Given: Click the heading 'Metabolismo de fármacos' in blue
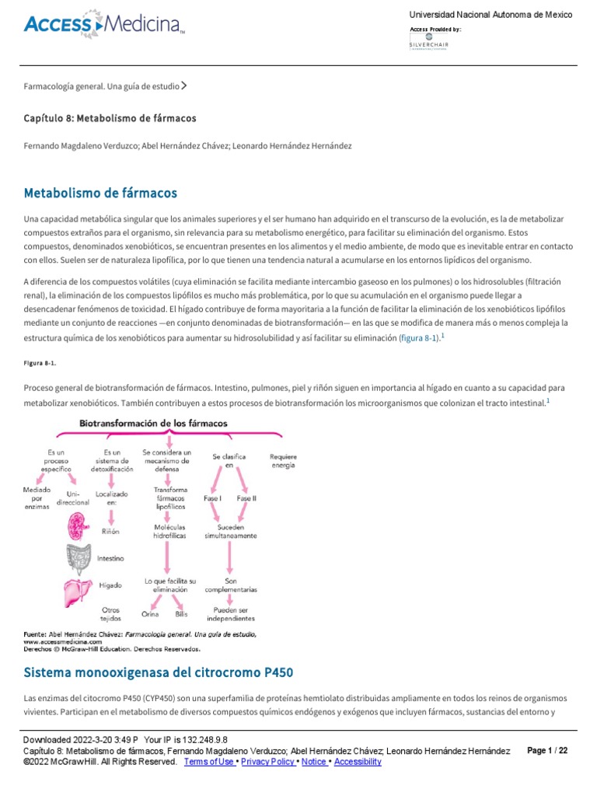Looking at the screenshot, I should tap(101, 192).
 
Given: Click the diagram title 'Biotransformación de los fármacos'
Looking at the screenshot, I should tap(153, 423).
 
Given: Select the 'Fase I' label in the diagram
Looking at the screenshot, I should tap(213, 497).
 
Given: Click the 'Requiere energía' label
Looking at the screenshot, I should tap(283, 459).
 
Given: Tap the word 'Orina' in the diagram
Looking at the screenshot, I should tap(151, 613).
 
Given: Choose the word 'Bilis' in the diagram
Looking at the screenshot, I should tap(181, 613).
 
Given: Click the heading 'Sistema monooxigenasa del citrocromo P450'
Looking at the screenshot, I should tap(159, 672).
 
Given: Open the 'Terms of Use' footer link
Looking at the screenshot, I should tap(209, 762).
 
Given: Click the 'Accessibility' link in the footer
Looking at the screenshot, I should tap(358, 762).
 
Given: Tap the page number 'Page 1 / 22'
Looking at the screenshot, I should tap(547, 750).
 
